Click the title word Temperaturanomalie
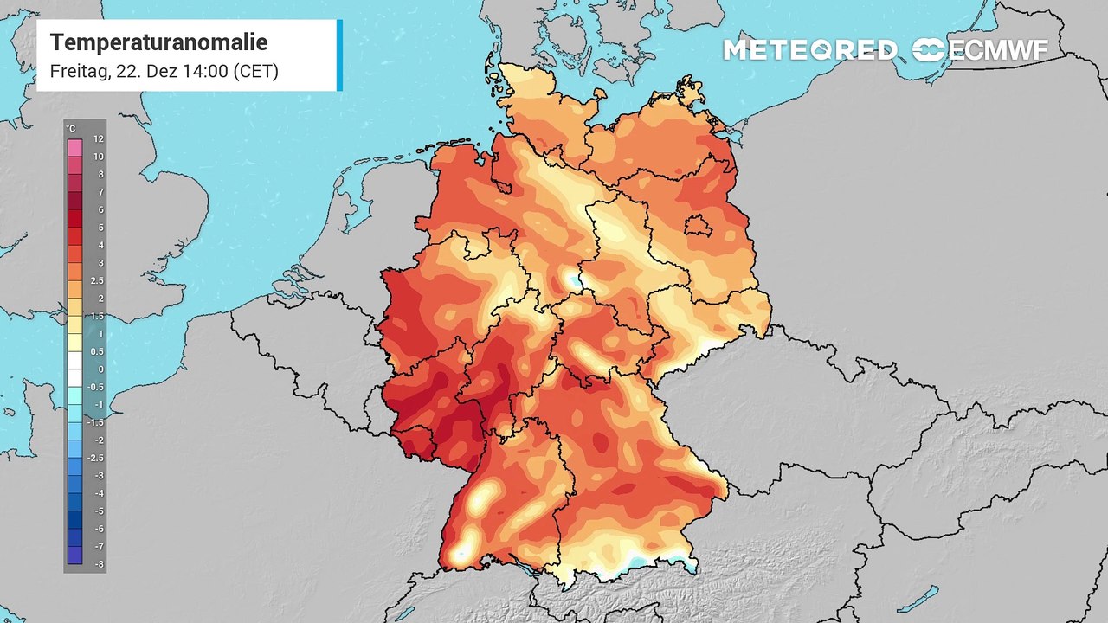point(158,42)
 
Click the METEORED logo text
point(809,50)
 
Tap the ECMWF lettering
point(999,50)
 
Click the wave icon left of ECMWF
point(930,50)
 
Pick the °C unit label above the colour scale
point(71,129)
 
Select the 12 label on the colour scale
point(99,138)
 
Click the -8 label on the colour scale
point(99,564)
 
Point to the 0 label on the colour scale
point(100,369)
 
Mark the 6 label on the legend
point(100,209)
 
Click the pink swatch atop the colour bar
point(74,147)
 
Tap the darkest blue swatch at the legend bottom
point(74,556)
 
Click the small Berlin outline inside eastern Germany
point(698,227)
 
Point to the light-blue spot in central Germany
point(572,279)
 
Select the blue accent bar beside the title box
point(339,55)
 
